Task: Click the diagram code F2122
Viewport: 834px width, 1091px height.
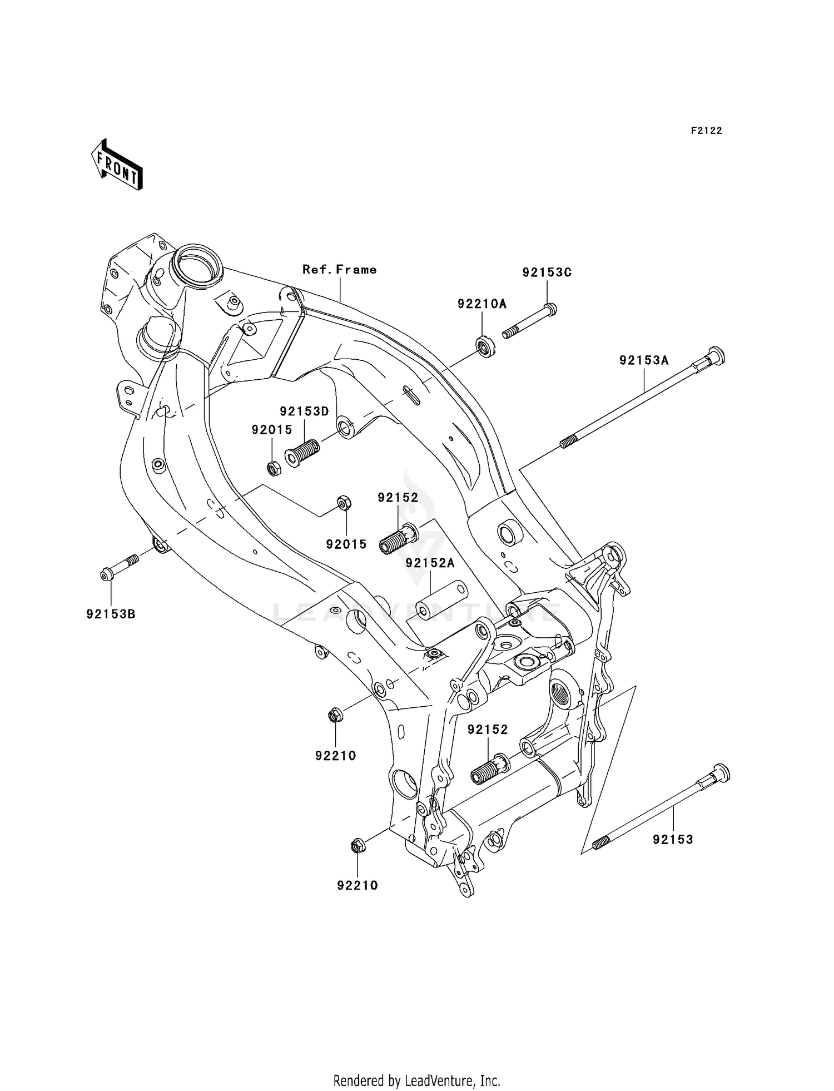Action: [x=706, y=131]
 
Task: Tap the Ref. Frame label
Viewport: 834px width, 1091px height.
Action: [x=339, y=270]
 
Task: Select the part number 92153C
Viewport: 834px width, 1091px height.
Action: [x=547, y=272]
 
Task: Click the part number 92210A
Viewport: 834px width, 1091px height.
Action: [x=482, y=304]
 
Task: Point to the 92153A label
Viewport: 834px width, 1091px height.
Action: [x=644, y=360]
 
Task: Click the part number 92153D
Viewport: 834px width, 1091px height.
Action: [x=304, y=411]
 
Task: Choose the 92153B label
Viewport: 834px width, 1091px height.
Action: [x=111, y=614]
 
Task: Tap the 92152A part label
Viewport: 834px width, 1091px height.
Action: [x=430, y=563]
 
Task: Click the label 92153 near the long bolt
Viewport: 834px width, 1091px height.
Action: [x=673, y=840]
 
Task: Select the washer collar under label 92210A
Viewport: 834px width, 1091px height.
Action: [x=486, y=346]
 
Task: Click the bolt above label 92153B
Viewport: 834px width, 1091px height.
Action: [x=120, y=567]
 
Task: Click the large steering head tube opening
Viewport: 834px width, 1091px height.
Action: [x=195, y=264]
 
